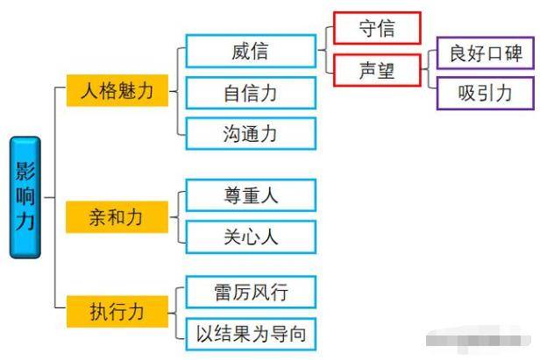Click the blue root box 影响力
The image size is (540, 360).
25,197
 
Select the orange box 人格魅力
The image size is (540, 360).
117,91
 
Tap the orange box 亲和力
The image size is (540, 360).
117,215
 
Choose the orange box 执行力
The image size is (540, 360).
117,310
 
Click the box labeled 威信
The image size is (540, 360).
251,52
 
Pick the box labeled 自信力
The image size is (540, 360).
251,93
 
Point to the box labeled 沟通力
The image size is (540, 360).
251,134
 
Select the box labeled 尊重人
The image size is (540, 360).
251,195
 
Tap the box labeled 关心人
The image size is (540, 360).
251,236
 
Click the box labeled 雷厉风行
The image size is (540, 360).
251,293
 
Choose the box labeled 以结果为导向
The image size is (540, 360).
251,334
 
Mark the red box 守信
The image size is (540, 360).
377,28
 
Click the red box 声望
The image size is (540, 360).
377,70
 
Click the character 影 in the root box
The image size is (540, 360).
25,172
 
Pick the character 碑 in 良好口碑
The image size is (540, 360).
513,53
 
